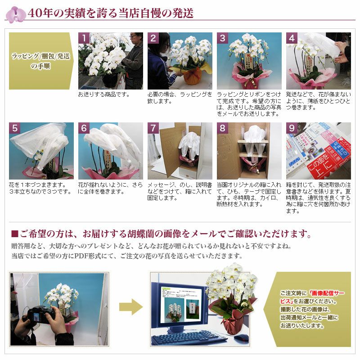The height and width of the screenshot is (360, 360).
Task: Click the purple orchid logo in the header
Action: (16, 14)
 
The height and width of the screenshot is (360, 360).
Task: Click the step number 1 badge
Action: (84, 38)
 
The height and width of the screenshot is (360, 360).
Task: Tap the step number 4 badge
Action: (292, 38)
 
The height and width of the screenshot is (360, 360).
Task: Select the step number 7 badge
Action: (153, 128)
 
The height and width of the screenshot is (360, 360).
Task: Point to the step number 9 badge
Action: (292, 128)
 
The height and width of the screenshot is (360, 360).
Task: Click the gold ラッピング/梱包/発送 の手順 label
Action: (40, 61)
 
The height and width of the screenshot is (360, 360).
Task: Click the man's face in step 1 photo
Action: (134, 38)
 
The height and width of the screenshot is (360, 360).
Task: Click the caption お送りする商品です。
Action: (104, 94)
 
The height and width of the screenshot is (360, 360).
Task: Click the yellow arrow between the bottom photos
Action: (130, 308)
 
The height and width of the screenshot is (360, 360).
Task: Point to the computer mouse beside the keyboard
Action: (241, 337)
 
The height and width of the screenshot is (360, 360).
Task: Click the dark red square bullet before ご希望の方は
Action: (14, 234)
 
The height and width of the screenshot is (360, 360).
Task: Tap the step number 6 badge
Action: (84, 128)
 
